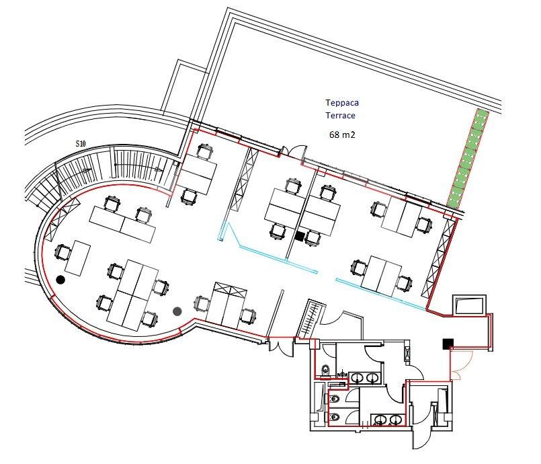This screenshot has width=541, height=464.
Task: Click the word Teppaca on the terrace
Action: point(342,102)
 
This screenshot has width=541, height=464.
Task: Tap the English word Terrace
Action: point(341,115)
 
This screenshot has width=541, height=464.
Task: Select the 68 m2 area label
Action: point(342,134)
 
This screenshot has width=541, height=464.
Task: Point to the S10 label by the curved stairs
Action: point(81,144)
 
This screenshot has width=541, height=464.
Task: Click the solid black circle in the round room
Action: point(60,280)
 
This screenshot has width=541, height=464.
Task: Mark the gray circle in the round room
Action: point(177,311)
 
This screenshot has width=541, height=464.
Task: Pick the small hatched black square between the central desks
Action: point(300,237)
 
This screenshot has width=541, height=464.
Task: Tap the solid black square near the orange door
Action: point(448,344)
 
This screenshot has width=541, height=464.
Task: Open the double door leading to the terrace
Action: point(293,151)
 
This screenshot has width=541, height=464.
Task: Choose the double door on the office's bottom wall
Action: point(282,346)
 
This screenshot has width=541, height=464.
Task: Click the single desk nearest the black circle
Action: point(78,259)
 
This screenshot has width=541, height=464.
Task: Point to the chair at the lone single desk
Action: point(63,253)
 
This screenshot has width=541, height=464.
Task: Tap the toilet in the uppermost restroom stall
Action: point(326,371)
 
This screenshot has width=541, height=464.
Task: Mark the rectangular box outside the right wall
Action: point(470,305)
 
